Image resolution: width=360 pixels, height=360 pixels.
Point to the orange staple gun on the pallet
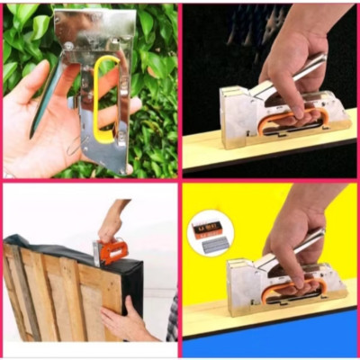tap(112, 249)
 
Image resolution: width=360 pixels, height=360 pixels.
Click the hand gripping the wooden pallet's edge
tap(126, 320)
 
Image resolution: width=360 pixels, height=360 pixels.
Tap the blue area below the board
tap(270, 342)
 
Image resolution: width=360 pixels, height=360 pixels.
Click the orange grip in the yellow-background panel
tap(288, 286)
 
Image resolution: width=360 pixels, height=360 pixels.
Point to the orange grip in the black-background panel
tap(288, 117)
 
